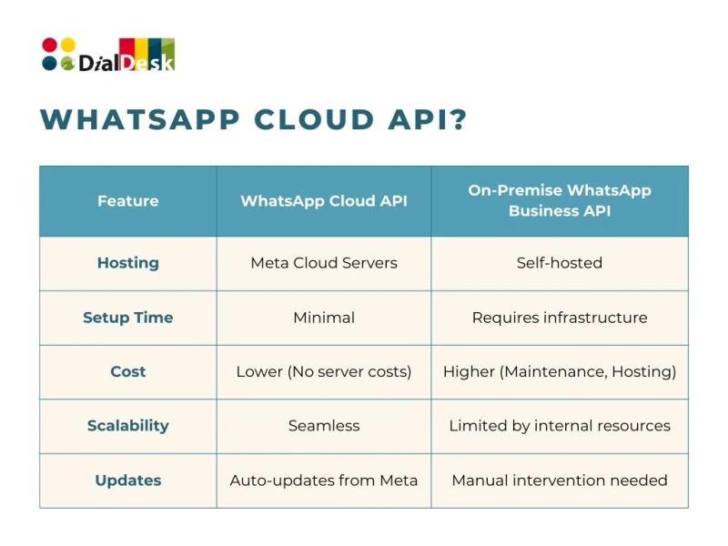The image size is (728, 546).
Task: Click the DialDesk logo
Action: pos(108,55)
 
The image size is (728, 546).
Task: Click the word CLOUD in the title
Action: pos(314,119)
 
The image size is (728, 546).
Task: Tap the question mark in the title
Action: pos(458,119)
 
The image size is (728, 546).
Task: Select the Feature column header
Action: pos(128,201)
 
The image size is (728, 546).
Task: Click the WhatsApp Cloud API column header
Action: pos(324,201)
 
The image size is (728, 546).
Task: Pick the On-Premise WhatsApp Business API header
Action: pos(560,200)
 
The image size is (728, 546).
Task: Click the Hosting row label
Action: pos(128,263)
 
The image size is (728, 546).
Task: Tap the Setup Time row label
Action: pos(128,318)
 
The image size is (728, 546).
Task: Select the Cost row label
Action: pos(128,371)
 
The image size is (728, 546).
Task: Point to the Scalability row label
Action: pos(128,426)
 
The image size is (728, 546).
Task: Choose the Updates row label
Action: pos(128,480)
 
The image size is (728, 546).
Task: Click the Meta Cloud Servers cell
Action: pos(324,263)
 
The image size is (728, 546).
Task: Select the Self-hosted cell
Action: pos(560,263)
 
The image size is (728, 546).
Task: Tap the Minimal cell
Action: pos(324,318)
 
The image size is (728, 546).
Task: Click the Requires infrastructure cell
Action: pos(560,318)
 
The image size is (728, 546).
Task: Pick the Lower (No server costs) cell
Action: pos(324,371)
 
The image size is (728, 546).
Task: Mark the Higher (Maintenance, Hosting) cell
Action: pos(560,371)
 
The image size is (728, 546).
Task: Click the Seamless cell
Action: pos(324,426)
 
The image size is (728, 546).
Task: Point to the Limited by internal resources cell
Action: pos(560,426)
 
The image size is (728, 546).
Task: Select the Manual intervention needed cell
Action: pos(560,480)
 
